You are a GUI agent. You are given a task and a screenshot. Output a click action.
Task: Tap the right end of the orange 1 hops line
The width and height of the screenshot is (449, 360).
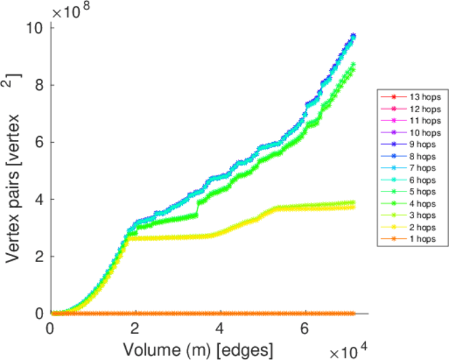(354, 313)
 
